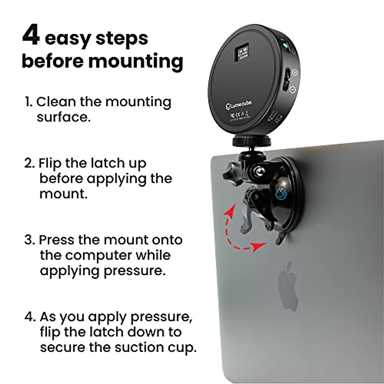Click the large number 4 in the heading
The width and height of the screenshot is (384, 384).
[x=31, y=36]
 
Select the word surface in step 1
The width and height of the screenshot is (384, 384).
[x=63, y=117]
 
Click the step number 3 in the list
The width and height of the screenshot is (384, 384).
[x=29, y=240]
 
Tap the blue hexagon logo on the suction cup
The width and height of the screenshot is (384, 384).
[x=278, y=194]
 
